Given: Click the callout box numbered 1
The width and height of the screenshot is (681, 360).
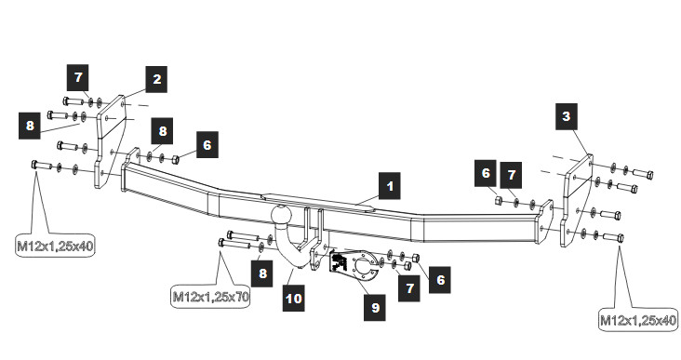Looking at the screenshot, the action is (389, 186).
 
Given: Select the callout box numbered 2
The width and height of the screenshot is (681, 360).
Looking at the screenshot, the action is (156, 79).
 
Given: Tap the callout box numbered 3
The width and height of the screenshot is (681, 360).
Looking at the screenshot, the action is (567, 116).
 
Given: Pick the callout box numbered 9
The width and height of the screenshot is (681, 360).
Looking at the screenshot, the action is (375, 307).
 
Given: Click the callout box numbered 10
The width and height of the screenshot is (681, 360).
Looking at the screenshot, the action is (294, 298).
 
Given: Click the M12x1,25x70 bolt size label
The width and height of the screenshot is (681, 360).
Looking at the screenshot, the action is (210, 297).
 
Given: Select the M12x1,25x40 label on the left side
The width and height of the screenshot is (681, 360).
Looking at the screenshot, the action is (55, 246).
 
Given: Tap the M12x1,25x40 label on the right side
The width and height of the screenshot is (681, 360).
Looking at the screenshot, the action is (638, 320).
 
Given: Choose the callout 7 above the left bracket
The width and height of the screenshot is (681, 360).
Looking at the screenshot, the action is (78, 77).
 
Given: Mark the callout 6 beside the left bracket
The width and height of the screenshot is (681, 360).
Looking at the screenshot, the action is (207, 144).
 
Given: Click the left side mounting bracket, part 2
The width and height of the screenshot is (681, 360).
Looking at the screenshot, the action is (111, 141).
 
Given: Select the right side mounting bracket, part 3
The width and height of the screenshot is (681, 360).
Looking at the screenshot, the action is (577, 200).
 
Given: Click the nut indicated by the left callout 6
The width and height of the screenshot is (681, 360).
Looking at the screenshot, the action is (175, 160).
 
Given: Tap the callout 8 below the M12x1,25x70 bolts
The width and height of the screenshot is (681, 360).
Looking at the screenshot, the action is (262, 273).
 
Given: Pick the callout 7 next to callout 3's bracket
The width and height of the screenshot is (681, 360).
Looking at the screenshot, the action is (511, 175).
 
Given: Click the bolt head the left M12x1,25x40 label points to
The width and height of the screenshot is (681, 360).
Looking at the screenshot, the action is (35, 165).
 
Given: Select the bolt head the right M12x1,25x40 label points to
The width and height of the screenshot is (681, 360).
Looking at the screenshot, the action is (620, 238).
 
